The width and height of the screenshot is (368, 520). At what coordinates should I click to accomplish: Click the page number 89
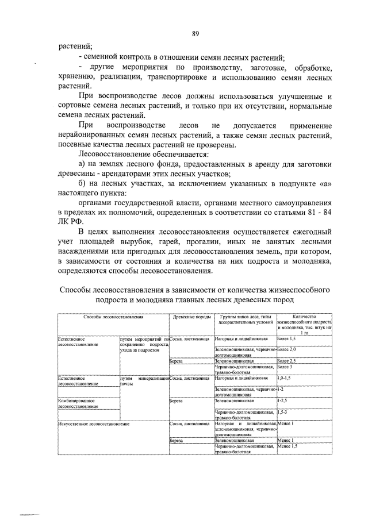195,34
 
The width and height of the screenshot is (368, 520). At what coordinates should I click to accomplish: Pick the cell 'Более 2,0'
288,350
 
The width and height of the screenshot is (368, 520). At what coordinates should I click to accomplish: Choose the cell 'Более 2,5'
288,361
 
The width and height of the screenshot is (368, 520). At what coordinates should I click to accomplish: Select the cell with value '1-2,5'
284,400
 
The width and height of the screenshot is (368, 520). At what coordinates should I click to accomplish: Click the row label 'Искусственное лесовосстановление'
93,423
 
